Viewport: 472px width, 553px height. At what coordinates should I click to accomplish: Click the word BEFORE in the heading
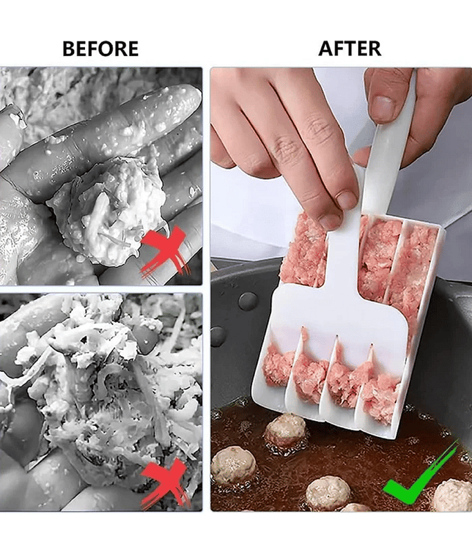tap(100, 48)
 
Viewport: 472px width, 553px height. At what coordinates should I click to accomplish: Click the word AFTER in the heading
tap(350, 48)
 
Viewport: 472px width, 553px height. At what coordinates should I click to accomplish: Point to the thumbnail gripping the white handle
tap(382, 109)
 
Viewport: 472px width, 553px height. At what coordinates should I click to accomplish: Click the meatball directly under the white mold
tap(285, 429)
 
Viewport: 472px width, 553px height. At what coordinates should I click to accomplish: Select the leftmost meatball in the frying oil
tap(234, 465)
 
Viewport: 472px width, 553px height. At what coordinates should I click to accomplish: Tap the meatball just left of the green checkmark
tap(328, 493)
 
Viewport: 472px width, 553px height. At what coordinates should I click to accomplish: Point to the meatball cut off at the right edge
tap(454, 494)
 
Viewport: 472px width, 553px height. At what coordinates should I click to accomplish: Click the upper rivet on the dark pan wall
tap(248, 301)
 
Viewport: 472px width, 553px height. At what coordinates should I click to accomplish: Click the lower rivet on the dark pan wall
tap(218, 336)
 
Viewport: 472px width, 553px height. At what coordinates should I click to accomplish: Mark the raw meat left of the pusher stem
tap(306, 250)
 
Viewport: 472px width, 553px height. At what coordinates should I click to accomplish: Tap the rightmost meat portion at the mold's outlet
tap(381, 395)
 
